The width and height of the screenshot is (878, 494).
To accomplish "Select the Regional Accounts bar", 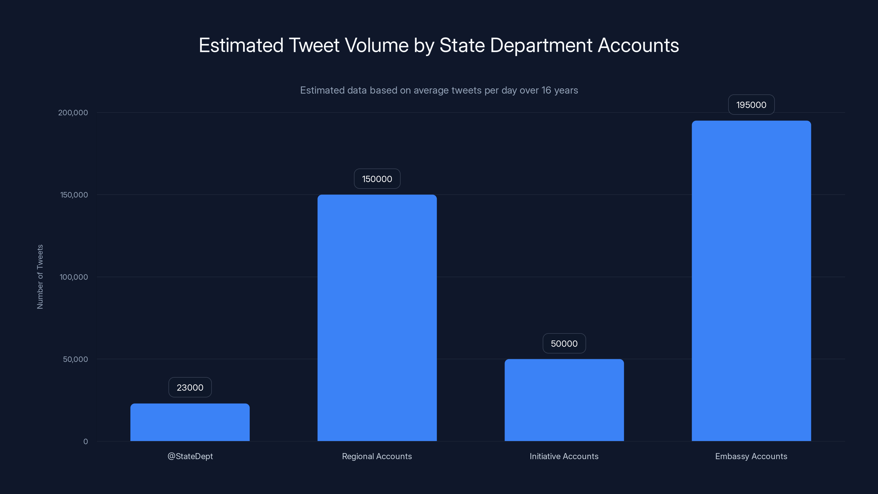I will click(377, 318).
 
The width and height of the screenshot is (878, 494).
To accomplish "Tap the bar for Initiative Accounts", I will click(564, 400).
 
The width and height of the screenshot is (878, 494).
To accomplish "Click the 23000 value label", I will click(190, 387).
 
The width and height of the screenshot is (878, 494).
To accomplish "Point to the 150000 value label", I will click(377, 179).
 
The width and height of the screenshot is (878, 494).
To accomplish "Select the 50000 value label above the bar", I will click(564, 343).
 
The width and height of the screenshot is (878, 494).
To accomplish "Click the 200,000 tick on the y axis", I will click(73, 113).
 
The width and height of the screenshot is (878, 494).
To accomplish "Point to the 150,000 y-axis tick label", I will click(74, 195).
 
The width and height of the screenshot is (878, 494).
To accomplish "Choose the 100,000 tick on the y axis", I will click(74, 277).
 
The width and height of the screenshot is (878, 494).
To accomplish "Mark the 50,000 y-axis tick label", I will click(75, 359).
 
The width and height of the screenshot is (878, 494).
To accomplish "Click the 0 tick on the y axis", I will click(86, 442).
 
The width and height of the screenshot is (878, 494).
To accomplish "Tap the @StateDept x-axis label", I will click(190, 456).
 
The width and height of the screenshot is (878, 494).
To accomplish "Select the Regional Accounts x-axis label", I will click(377, 456).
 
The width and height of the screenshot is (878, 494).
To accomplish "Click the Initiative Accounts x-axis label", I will click(564, 456).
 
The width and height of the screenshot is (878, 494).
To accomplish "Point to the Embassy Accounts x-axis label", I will click(751, 456).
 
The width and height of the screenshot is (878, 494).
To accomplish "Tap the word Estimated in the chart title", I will click(241, 45).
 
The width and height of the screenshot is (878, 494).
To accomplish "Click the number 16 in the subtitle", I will click(546, 90).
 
